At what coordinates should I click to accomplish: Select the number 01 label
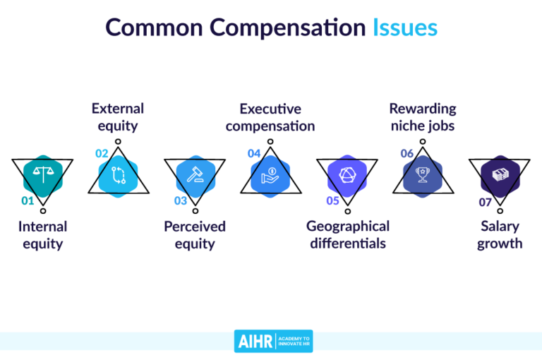[28, 200]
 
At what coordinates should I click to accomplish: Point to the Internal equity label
[42, 236]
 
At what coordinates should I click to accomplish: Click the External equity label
[118, 117]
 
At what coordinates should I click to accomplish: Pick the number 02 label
[102, 153]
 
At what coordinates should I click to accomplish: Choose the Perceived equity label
[195, 236]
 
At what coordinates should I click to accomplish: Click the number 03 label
[181, 200]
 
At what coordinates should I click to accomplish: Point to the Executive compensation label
[270, 117]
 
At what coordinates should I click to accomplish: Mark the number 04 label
[254, 153]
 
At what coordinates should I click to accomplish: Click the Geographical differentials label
[347, 236]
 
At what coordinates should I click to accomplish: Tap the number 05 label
[333, 200]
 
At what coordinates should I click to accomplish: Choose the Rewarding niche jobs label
[423, 117]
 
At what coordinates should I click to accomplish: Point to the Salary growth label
[500, 236]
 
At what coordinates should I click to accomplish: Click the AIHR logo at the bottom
[273, 341]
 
